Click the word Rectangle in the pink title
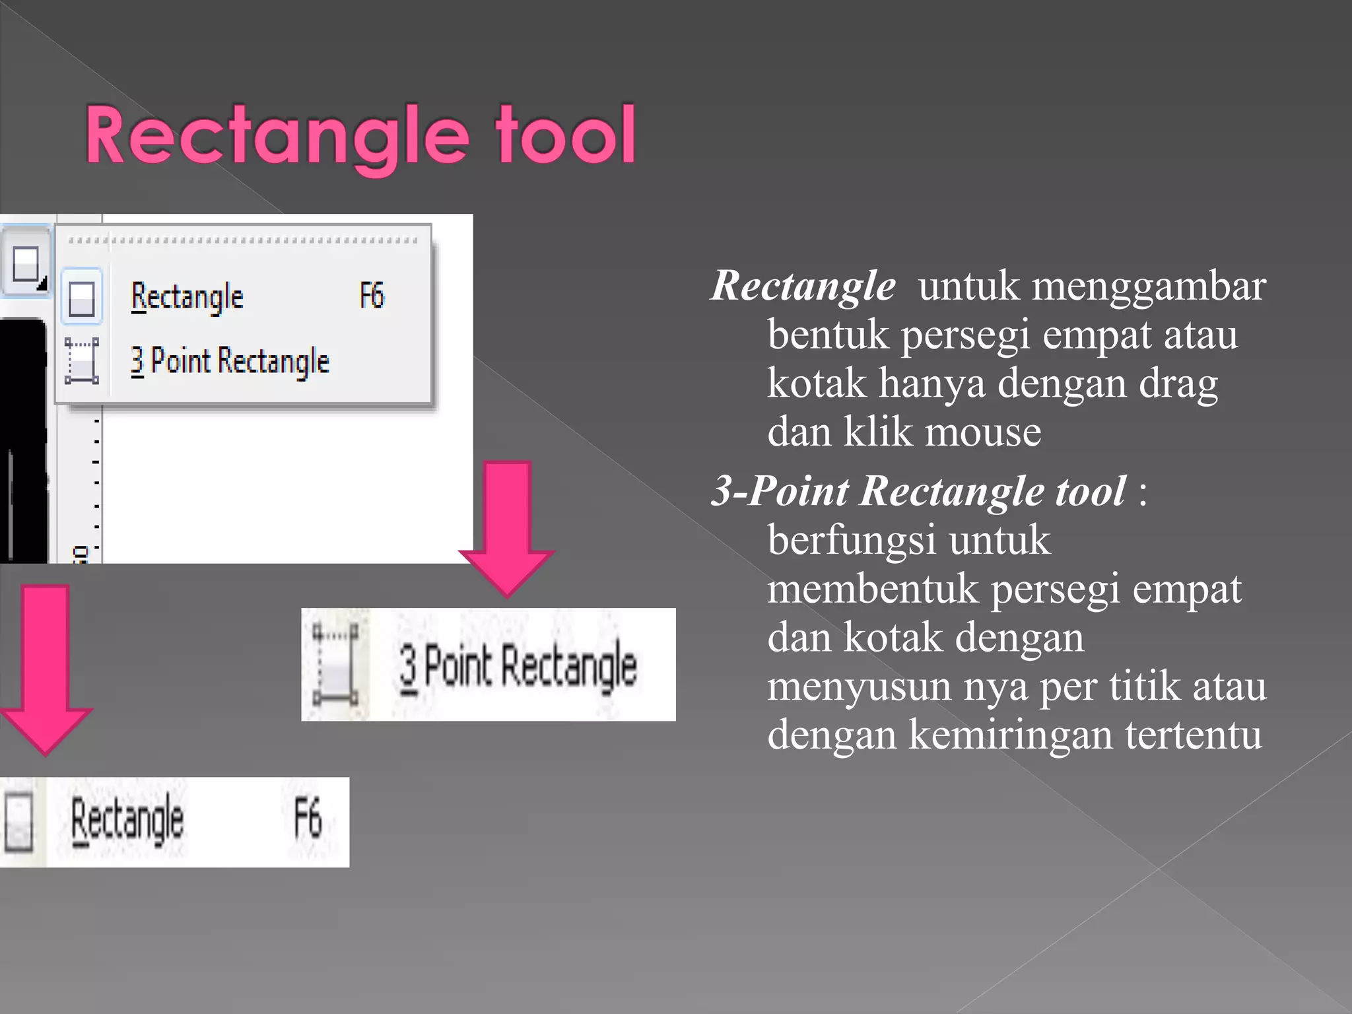(277, 137)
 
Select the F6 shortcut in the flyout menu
(372, 296)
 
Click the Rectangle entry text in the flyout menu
(187, 297)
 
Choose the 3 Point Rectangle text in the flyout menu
(230, 361)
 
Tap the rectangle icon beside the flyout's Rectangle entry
(82, 298)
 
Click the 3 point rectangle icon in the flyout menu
(82, 360)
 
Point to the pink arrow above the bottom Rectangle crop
(45, 667)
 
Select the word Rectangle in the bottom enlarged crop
(127, 820)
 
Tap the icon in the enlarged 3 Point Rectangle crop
(335, 664)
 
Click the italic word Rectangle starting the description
(803, 286)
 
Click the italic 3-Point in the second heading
(780, 491)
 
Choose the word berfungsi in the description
(852, 540)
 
